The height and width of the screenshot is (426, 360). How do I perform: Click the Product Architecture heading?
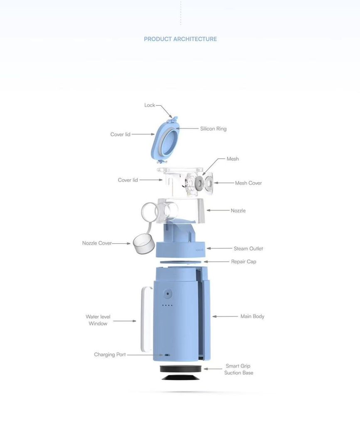click(x=180, y=39)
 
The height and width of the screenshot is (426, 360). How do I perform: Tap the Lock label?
click(x=150, y=105)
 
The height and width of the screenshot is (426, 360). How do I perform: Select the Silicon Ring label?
click(x=213, y=129)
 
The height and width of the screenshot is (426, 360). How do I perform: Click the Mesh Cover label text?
click(x=249, y=183)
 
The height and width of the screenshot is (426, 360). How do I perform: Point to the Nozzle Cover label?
click(x=97, y=243)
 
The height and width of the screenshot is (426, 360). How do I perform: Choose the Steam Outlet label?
click(x=249, y=249)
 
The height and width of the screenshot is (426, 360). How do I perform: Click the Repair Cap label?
click(x=244, y=262)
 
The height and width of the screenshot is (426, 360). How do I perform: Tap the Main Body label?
click(x=252, y=316)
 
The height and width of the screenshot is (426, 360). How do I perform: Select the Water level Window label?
click(x=98, y=320)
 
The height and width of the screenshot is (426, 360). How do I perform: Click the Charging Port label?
click(x=110, y=354)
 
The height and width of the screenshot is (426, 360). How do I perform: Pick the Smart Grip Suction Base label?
click(x=239, y=369)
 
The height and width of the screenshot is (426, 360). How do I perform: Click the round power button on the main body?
click(x=168, y=294)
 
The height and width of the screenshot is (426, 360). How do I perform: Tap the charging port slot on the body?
click(x=167, y=355)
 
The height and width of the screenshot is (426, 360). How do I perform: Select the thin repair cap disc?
click(x=181, y=262)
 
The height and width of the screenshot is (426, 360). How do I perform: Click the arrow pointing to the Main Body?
click(x=225, y=316)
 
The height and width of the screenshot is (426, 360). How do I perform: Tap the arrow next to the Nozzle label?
click(x=218, y=210)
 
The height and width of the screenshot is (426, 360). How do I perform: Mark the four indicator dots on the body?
click(x=167, y=305)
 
